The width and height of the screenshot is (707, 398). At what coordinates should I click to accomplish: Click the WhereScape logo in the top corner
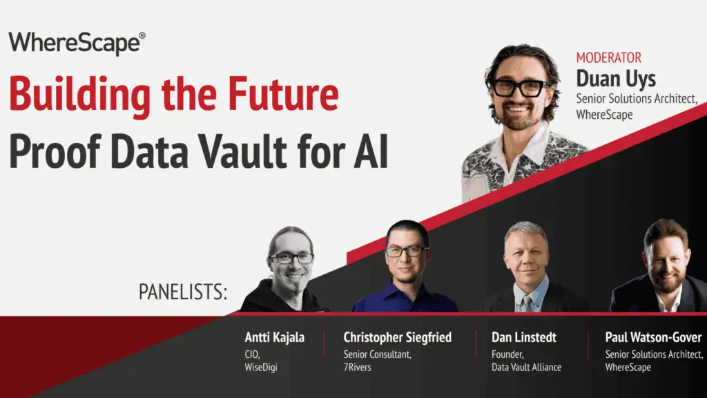pos(76,44)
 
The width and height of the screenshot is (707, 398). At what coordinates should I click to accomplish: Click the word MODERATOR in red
pos(608,58)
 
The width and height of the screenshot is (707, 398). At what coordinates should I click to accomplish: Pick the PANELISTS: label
pos(183,292)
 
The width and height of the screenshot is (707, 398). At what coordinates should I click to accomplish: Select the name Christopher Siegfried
pos(397,338)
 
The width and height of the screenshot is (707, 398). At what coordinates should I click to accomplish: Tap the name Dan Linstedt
pos(524,338)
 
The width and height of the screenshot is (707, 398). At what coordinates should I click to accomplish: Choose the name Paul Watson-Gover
pos(653,338)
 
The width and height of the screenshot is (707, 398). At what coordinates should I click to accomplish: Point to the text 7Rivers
pos(357,367)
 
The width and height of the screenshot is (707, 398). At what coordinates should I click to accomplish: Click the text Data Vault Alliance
pos(526,367)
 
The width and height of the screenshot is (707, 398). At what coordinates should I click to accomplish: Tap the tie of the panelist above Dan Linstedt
pos(527,301)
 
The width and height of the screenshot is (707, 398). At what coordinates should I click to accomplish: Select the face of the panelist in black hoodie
pos(291,259)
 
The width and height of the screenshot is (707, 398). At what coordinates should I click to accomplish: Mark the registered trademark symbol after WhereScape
pos(142,35)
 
